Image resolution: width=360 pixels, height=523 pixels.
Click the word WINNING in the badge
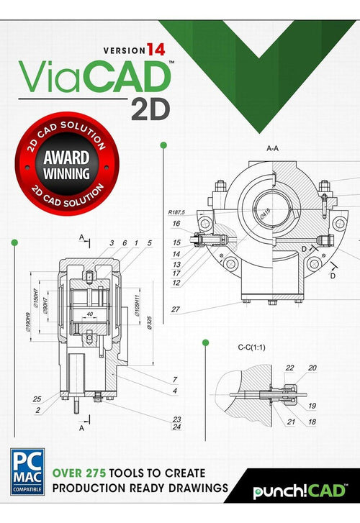pyautogui.click(x=65, y=173)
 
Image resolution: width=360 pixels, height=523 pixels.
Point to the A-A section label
pyautogui.click(x=273, y=148)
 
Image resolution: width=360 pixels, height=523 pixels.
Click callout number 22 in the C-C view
pyautogui.click(x=289, y=368)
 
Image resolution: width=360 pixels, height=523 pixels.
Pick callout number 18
pyautogui.click(x=312, y=422)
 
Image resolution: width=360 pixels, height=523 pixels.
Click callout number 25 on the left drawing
pyautogui.click(x=37, y=399)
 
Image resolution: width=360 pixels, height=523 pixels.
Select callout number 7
pyautogui.click(x=174, y=379)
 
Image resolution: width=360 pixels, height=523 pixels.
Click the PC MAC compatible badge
pyautogui.click(x=27, y=473)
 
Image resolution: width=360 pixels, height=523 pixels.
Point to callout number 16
pyautogui.click(x=176, y=223)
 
